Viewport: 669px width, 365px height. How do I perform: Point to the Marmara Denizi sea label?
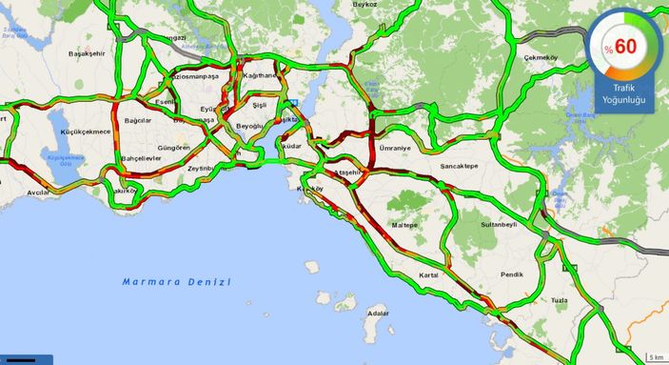176,281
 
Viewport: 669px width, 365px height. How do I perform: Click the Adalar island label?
378,313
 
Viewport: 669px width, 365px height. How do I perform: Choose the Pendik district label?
511,274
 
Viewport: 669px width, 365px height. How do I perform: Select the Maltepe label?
405,225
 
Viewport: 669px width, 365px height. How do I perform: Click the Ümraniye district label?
395,149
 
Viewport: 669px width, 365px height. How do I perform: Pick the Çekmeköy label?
541,58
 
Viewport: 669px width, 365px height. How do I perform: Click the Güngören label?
174,148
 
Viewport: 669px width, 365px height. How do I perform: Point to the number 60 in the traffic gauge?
624,46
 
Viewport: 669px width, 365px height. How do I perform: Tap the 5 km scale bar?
655,356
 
